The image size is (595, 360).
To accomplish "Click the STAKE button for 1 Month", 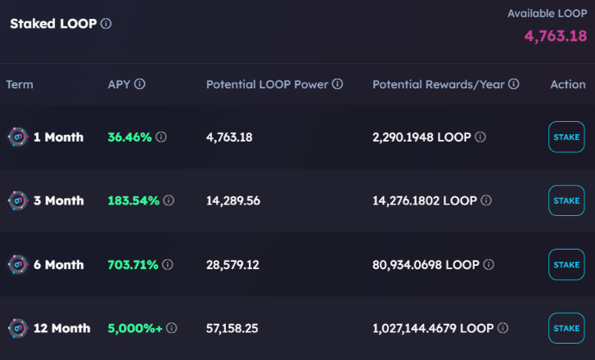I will [x=566, y=137].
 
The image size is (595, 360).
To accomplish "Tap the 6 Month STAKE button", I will [x=566, y=265].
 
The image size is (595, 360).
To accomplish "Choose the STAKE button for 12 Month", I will [x=566, y=328].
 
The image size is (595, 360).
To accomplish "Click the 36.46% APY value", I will [x=129, y=137].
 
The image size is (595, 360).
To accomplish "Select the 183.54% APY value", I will [x=133, y=200].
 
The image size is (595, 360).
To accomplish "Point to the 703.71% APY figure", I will [x=133, y=265].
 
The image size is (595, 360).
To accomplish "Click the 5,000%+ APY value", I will [x=135, y=328].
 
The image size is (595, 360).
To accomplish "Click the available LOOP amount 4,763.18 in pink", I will [x=555, y=36].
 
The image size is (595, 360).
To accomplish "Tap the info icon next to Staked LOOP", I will [x=106, y=24].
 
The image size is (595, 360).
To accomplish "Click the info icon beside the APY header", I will [x=140, y=84].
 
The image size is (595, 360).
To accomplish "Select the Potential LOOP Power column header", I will [x=268, y=84].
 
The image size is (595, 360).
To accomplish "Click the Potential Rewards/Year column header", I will [x=439, y=84].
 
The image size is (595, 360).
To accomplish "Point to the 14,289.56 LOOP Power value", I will [x=233, y=200].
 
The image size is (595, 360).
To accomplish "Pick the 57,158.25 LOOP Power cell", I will [x=233, y=328].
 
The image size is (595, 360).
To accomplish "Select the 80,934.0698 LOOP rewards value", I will [x=426, y=265].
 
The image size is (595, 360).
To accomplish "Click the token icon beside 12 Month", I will [x=17, y=328].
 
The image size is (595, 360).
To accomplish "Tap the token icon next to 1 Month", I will [x=17, y=137].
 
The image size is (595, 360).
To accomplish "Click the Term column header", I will [x=20, y=84].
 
